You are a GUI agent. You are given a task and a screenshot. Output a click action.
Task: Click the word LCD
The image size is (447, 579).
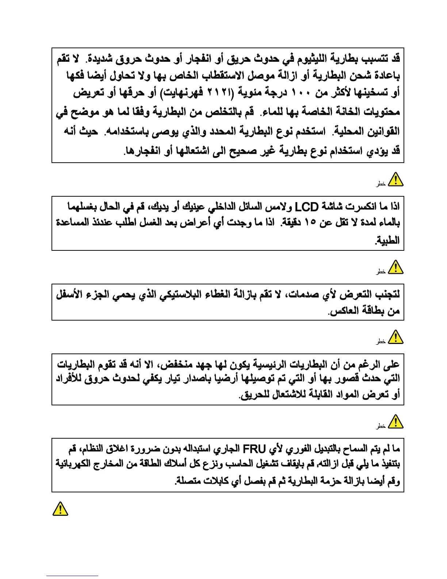click(306, 207)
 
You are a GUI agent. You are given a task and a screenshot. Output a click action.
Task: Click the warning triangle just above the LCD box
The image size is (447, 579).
click(395, 180)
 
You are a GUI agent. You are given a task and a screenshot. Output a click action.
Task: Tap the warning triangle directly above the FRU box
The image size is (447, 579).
click(395, 422)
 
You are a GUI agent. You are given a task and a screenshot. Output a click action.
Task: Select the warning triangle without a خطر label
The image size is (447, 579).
click(60, 508)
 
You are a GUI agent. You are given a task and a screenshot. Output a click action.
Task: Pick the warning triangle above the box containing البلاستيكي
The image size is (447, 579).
click(395, 267)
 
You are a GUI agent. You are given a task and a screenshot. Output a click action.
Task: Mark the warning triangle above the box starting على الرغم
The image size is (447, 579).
click(395, 337)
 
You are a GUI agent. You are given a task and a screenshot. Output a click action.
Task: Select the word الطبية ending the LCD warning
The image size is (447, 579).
click(388, 240)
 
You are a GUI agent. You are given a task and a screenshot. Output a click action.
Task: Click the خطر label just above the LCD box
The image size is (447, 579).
click(381, 184)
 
